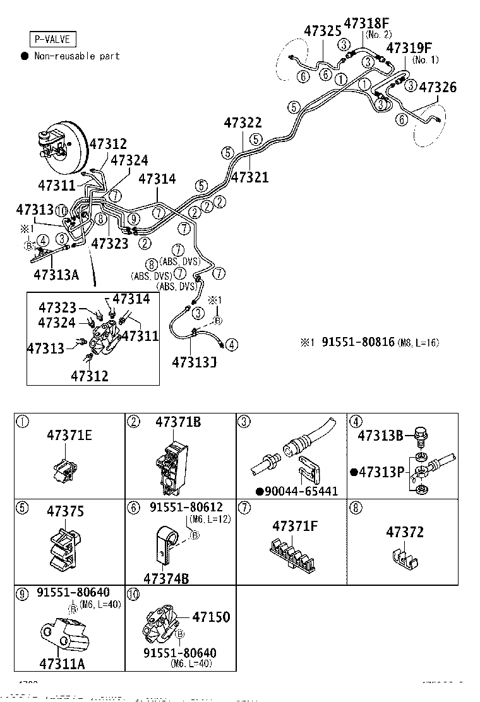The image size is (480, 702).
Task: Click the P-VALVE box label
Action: point(52,40)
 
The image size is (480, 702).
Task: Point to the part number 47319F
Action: point(409,48)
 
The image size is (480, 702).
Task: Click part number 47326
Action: point(438,87)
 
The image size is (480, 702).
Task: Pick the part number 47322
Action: point(243,122)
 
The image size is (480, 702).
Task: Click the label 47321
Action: point(249,177)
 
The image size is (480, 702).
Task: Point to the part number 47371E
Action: point(69,435)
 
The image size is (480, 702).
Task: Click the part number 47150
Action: point(210,617)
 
